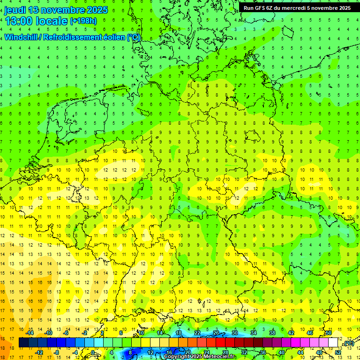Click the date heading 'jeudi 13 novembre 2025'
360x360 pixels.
click(56, 10)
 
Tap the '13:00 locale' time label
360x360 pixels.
click(37, 21)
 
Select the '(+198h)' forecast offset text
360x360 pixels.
click(83, 21)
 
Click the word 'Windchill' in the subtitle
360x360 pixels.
click(19, 37)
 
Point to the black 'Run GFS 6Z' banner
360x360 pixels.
click(297, 8)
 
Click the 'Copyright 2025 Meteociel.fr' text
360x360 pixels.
click(199, 357)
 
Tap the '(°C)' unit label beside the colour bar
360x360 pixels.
click(348, 344)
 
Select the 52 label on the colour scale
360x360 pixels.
click(338, 352)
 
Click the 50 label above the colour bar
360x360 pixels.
click(329, 333)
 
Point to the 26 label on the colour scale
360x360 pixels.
click(216, 333)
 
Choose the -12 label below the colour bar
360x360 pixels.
click(39, 352)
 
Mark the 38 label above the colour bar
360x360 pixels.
click(272, 333)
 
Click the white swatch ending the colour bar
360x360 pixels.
click(333, 343)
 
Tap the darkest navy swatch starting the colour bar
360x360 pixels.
click(23, 343)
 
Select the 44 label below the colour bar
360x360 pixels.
click(300, 352)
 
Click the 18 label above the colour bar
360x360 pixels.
click(179, 333)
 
